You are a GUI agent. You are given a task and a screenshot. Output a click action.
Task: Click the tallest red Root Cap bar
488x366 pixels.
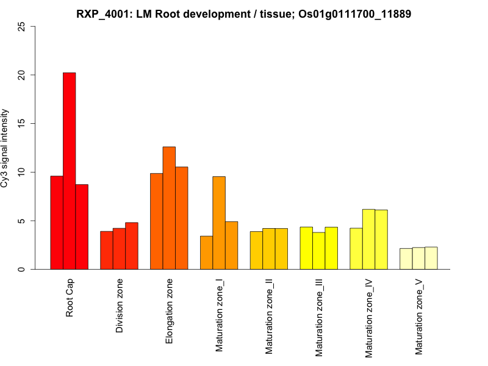point(69,171)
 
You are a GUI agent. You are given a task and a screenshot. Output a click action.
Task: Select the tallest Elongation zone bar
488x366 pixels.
point(169,207)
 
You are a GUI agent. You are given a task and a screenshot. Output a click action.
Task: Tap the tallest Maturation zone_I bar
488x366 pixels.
point(219,223)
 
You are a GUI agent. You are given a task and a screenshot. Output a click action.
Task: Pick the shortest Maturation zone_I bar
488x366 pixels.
point(206,253)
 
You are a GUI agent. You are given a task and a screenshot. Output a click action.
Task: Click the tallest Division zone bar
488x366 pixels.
point(131,246)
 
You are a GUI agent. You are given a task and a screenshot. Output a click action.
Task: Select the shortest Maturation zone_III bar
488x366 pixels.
point(318,251)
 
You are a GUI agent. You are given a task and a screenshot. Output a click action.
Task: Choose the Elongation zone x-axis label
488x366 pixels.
point(170,310)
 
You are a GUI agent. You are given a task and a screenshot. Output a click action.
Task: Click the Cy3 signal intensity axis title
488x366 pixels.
point(6,148)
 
